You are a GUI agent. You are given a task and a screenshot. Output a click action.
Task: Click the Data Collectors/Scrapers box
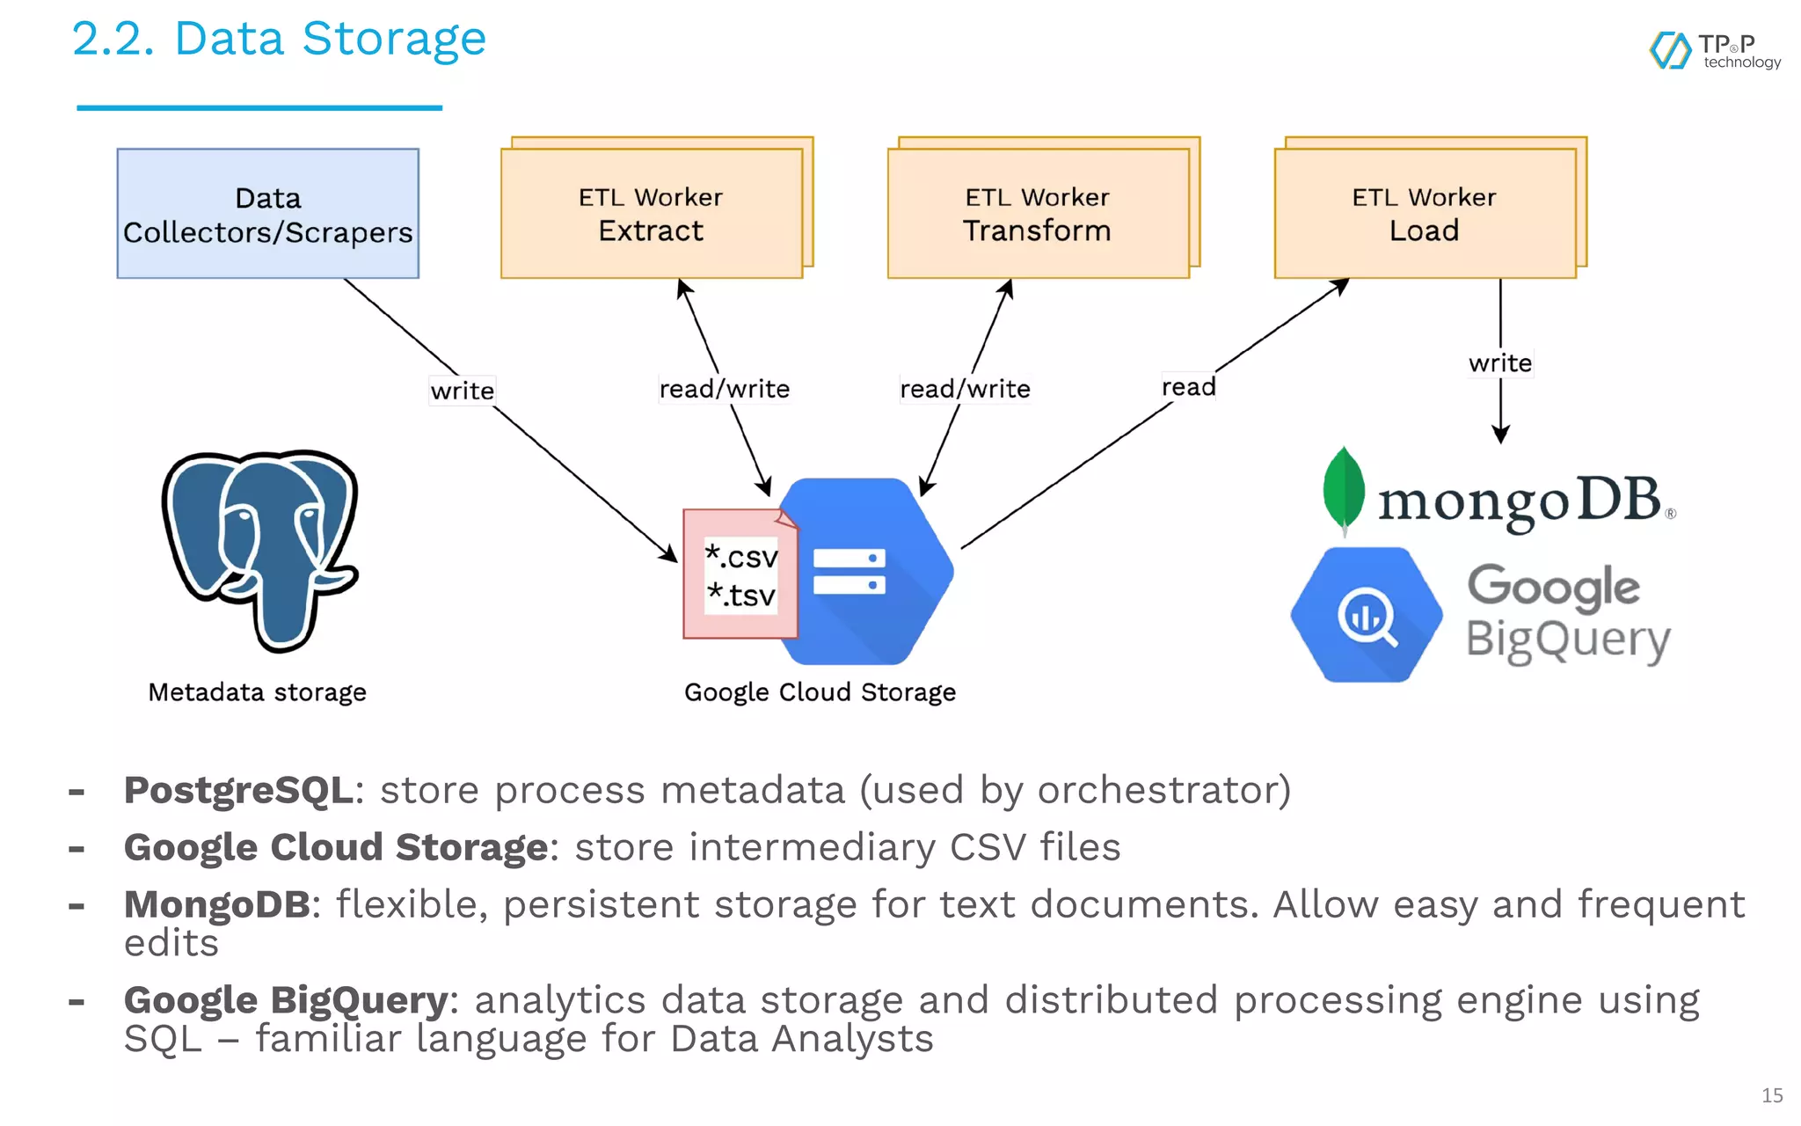[x=267, y=214]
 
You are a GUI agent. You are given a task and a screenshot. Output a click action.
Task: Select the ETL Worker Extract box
[x=651, y=214]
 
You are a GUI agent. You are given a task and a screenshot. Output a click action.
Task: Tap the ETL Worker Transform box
[x=1038, y=214]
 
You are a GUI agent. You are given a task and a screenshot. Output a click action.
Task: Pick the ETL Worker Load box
[x=1425, y=214]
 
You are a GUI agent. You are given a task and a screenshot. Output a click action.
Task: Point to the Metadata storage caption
[x=257, y=692]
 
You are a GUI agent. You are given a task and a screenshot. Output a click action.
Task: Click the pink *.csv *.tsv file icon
[x=740, y=575]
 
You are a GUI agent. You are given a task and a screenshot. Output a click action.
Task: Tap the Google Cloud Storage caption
[x=820, y=692]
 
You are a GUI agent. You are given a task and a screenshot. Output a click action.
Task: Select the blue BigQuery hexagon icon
[x=1366, y=615]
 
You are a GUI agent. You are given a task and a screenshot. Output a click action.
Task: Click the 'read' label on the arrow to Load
[x=1188, y=387]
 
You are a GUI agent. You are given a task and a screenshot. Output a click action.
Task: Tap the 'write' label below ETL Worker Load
[x=1499, y=363]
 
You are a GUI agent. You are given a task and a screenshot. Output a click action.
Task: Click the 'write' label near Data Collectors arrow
[x=462, y=391]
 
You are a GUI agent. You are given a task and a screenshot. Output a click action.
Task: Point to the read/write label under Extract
[x=724, y=389]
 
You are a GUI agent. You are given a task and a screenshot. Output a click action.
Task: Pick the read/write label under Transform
[x=965, y=389]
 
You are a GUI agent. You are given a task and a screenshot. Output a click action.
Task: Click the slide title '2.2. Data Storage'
[x=279, y=40]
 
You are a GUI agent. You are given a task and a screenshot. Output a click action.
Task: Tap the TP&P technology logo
[x=1715, y=51]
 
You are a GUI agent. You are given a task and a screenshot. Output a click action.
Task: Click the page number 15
[x=1771, y=1095]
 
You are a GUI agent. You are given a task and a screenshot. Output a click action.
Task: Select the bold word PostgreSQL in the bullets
[x=238, y=790]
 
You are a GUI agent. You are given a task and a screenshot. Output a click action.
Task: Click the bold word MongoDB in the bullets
[x=216, y=904]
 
